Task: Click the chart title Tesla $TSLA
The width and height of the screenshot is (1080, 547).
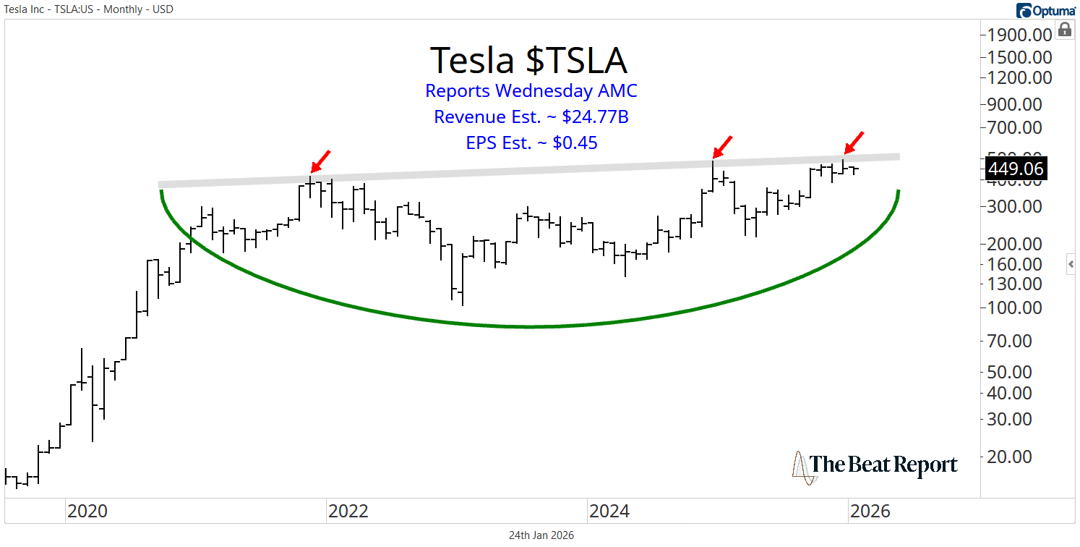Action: coord(528,60)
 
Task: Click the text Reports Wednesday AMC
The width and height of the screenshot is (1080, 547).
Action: coord(531,91)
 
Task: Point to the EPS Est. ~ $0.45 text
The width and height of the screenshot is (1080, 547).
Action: coord(531,143)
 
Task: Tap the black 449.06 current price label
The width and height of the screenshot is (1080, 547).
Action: coord(1015,169)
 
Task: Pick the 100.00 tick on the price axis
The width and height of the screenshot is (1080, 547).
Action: coord(1015,308)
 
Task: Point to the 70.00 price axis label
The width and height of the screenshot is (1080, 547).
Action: coord(1019,340)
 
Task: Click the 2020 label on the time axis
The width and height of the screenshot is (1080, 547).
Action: coord(87,512)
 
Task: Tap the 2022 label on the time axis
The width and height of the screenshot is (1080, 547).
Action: coord(348,512)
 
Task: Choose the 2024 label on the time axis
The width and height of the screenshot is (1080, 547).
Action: coord(609,512)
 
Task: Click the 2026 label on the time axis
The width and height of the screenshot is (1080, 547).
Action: coord(870,512)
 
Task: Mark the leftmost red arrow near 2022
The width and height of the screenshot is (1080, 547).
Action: coord(320,162)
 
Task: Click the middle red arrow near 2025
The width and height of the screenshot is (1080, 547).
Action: coord(721,146)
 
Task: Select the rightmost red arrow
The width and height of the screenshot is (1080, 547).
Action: coord(854,143)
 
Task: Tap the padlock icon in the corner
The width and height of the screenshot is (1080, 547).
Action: coord(1065,30)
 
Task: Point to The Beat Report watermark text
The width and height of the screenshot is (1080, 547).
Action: coord(883,465)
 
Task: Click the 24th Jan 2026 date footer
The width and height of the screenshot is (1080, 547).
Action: coord(541,535)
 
